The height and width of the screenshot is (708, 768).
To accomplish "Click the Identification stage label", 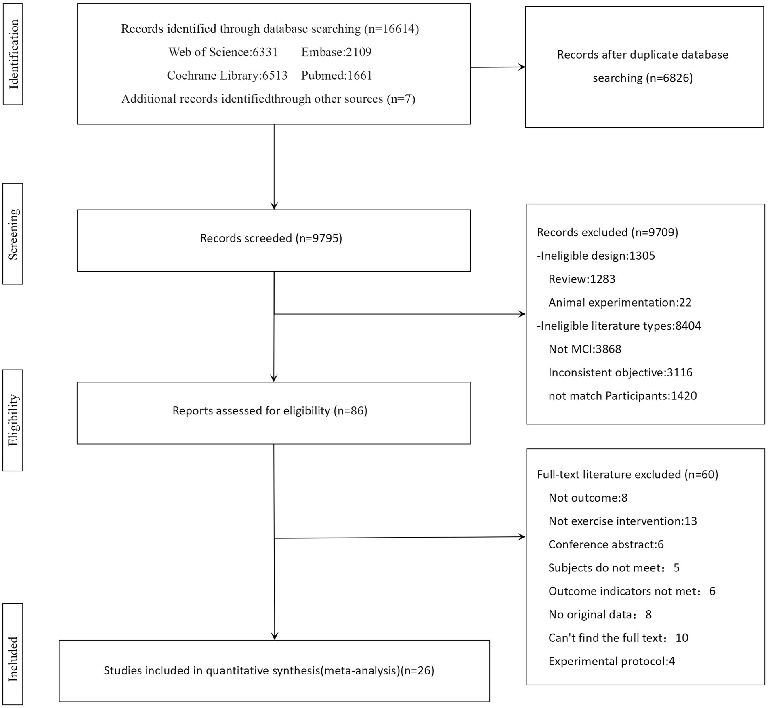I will (x=13, y=54).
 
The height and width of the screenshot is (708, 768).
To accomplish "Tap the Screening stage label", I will (x=13, y=234).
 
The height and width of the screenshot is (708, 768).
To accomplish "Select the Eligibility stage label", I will (x=13, y=420).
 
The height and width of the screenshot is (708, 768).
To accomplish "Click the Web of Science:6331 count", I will (x=223, y=52).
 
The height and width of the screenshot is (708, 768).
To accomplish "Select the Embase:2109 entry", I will (x=336, y=52).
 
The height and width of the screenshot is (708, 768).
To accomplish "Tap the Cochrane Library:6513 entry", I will (x=227, y=76).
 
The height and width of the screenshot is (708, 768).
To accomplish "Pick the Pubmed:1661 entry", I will (x=336, y=76).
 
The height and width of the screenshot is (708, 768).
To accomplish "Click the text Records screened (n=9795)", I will (x=271, y=238).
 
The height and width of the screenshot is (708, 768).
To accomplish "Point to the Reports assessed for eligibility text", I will (x=270, y=411).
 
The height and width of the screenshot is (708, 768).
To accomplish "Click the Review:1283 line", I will (x=581, y=279).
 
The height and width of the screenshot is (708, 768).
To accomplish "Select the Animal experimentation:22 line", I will (x=619, y=303).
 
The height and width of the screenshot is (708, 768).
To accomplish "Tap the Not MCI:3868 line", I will (x=584, y=349).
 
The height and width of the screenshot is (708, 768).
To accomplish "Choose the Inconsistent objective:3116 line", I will (x=620, y=372).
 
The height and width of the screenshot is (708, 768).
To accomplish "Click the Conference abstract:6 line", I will (x=606, y=544).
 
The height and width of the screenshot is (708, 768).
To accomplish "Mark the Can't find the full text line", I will (x=618, y=638).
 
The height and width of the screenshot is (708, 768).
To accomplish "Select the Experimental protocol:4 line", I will (x=611, y=661).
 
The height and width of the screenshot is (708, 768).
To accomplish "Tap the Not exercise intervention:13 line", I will (x=622, y=521).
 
